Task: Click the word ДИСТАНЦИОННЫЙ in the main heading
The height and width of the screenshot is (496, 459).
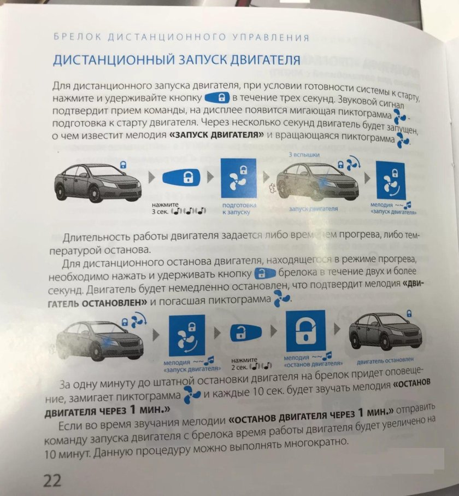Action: [109, 60]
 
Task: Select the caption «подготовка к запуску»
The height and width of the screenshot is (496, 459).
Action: [236, 209]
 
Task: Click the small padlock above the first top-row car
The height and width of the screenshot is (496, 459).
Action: [123, 162]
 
